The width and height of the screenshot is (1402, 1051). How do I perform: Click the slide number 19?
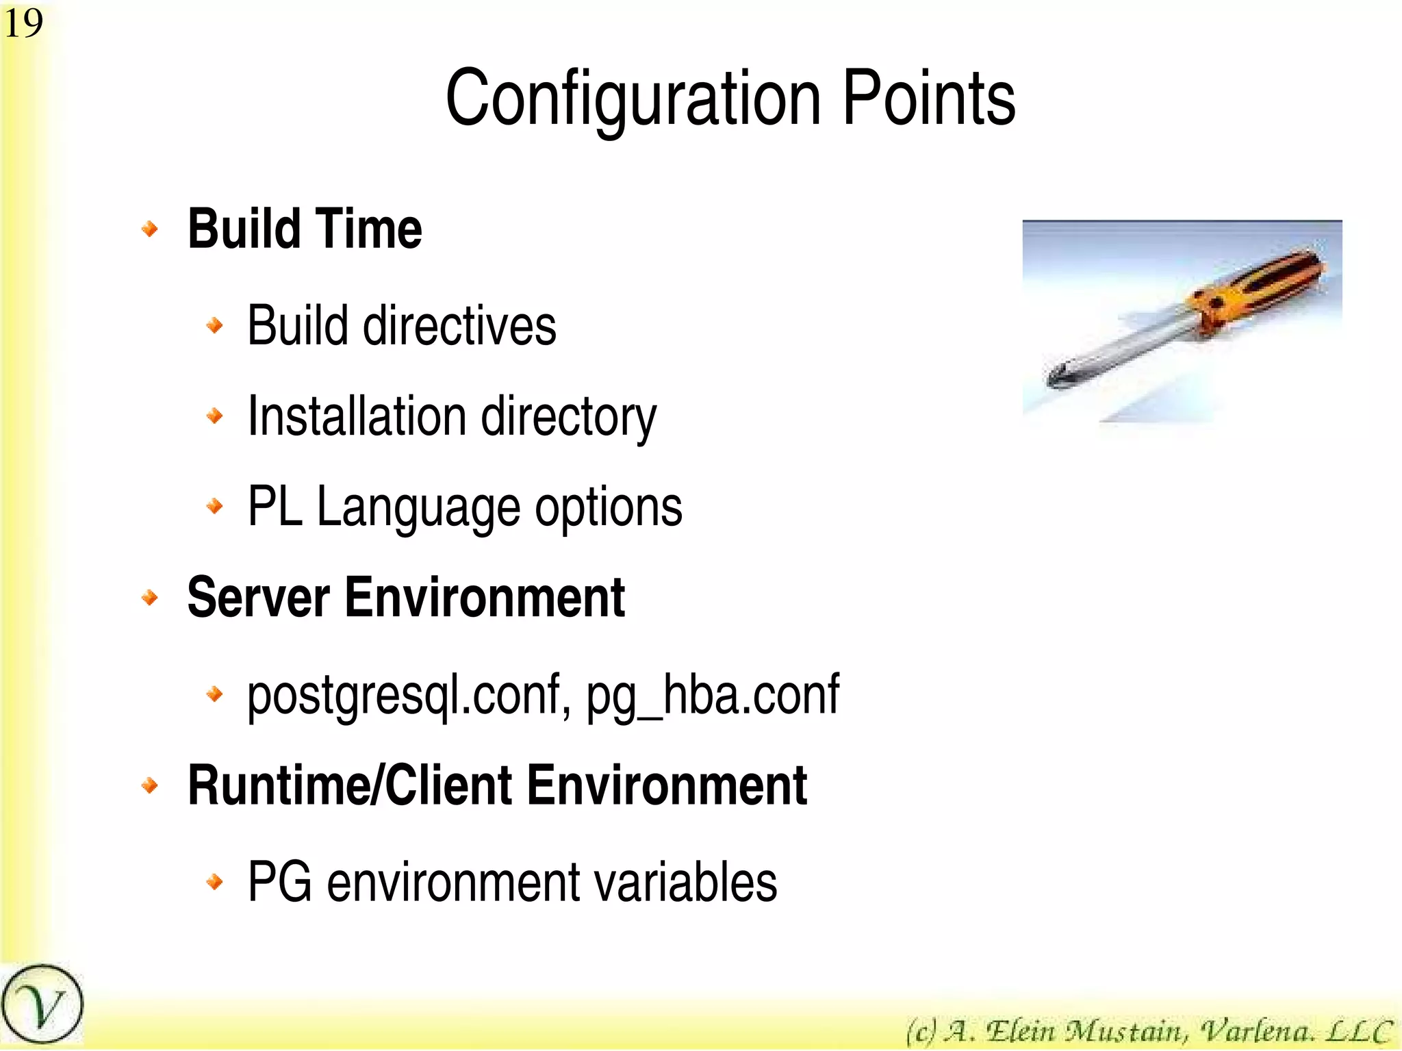pyautogui.click(x=23, y=23)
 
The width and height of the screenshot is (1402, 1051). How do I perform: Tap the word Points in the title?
pyautogui.click(x=928, y=99)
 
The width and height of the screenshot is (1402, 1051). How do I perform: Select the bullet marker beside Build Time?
pyautogui.click(x=149, y=229)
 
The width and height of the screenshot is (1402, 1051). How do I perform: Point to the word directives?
pyautogui.click(x=459, y=325)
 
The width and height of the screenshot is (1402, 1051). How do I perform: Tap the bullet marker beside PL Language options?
pyautogui.click(x=214, y=507)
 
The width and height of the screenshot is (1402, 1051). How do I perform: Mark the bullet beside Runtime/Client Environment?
pyautogui.click(x=149, y=785)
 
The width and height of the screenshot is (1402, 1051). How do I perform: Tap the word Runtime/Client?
pyautogui.click(x=349, y=785)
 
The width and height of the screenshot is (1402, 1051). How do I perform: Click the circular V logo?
pyautogui.click(x=42, y=1004)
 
